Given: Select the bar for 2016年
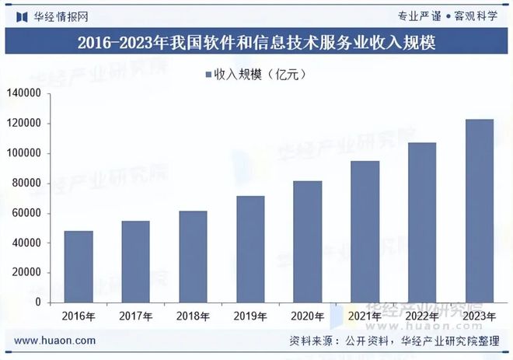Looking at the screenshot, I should pyautogui.click(x=79, y=267).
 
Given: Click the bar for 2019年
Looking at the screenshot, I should pyautogui.click(x=250, y=249).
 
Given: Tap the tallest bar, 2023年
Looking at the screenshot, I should pyautogui.click(x=480, y=211).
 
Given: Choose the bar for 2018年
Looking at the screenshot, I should pyautogui.click(x=193, y=257).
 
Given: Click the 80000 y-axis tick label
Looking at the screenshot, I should pyautogui.click(x=29, y=183).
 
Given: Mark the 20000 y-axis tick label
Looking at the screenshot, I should pyautogui.click(x=29, y=273).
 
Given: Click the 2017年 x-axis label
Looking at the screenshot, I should pyautogui.click(x=135, y=316).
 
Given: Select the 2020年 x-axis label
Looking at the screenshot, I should pyautogui.click(x=308, y=316).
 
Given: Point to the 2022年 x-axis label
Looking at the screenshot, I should pyautogui.click(x=422, y=316).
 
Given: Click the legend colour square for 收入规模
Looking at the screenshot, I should pyautogui.click(x=208, y=75).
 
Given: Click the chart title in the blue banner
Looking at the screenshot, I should pyautogui.click(x=256, y=42).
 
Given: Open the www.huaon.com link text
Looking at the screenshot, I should pyautogui.click(x=55, y=341).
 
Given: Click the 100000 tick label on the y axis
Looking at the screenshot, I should pyautogui.click(x=26, y=154).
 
